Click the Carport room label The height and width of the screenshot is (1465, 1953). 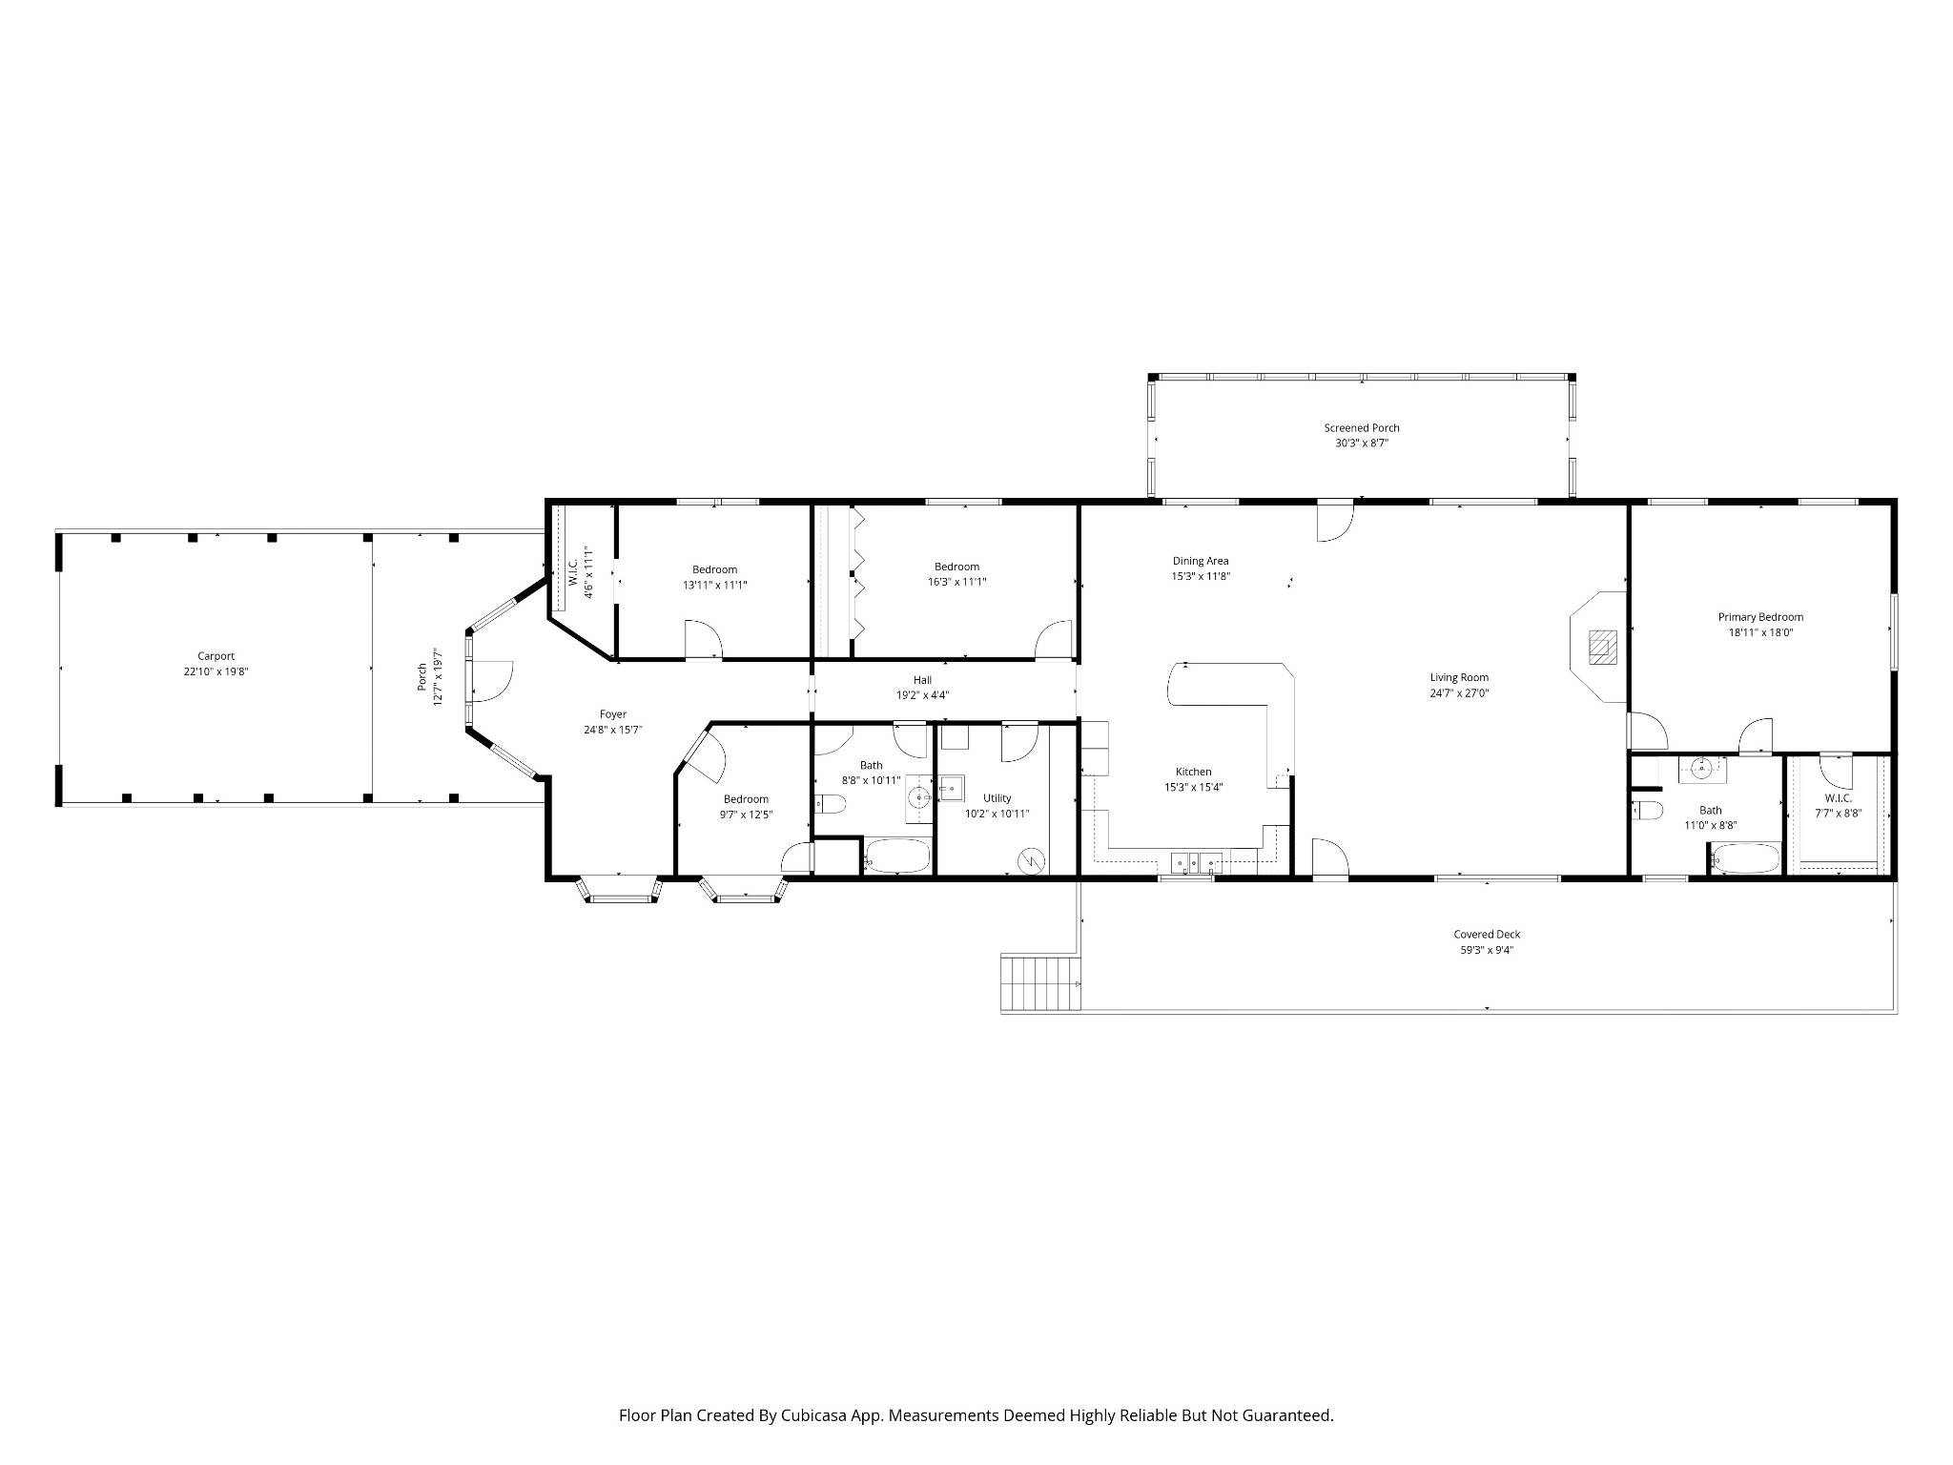pyautogui.click(x=216, y=656)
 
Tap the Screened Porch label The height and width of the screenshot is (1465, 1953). pyautogui.click(x=1361, y=428)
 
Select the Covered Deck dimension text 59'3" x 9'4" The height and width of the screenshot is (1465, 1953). pyautogui.click(x=1487, y=950)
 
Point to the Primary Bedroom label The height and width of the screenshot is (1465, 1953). pyautogui.click(x=1760, y=617)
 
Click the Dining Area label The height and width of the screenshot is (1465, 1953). pyautogui.click(x=1201, y=561)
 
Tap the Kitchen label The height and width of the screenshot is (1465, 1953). pyautogui.click(x=1193, y=772)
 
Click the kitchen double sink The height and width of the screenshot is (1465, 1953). pyautogui.click(x=1197, y=862)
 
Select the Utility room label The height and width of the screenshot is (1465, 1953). pyautogui.click(x=997, y=798)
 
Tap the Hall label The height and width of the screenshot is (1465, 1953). pyautogui.click(x=922, y=680)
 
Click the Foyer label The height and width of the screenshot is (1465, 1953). pyautogui.click(x=613, y=714)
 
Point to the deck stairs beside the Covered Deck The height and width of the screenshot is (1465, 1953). pyautogui.click(x=1041, y=983)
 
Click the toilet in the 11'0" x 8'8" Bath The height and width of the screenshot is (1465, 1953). pyautogui.click(x=1646, y=811)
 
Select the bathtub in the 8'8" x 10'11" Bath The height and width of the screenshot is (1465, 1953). pyautogui.click(x=896, y=856)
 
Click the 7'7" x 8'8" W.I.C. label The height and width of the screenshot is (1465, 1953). pyautogui.click(x=1838, y=798)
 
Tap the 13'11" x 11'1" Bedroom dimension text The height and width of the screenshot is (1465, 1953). pyautogui.click(x=714, y=585)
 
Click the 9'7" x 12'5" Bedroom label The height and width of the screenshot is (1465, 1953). pyautogui.click(x=746, y=799)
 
